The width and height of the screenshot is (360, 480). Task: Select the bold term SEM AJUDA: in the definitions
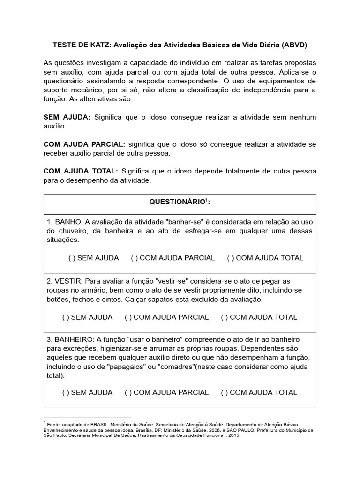point(67,117)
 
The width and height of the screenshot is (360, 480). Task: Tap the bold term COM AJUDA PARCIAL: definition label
point(84,144)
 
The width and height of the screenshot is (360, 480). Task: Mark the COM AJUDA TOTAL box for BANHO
point(230,258)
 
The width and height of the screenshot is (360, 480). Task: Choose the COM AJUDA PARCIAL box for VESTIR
point(127,317)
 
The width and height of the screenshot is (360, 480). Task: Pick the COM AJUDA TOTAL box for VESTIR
point(224,317)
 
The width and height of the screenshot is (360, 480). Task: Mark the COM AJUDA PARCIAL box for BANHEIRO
point(127,392)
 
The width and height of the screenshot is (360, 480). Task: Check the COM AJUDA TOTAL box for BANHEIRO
point(224,392)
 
